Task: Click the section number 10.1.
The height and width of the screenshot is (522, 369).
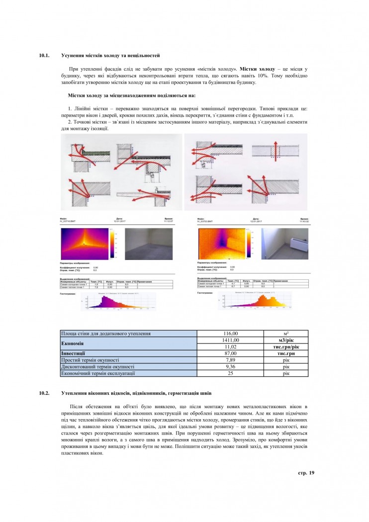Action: [44, 56]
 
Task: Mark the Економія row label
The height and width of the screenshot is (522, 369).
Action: [72, 343]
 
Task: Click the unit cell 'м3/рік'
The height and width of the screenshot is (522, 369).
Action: [286, 340]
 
